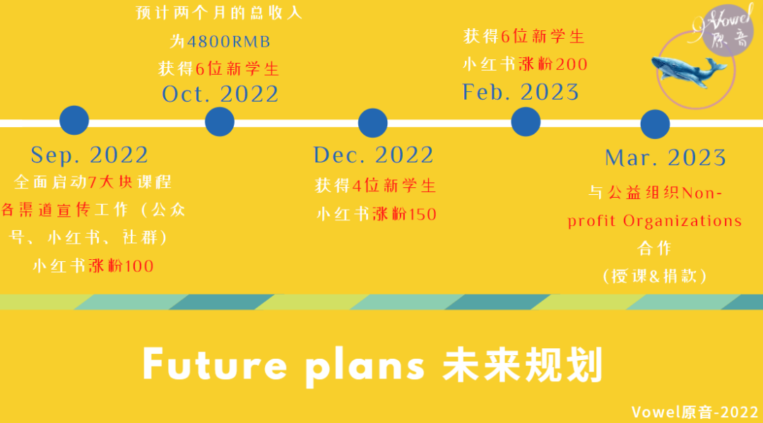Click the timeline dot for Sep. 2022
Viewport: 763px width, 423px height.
point(74,120)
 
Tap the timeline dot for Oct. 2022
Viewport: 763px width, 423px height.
point(220,121)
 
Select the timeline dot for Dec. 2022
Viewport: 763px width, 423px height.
point(373,123)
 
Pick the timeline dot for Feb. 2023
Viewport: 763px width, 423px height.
point(526,121)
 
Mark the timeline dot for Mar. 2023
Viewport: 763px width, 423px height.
point(655,124)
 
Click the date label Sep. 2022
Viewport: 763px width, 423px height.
point(90,155)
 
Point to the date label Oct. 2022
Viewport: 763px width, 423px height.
point(220,94)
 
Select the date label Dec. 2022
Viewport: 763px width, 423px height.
point(373,155)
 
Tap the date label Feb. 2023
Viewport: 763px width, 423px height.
point(521,92)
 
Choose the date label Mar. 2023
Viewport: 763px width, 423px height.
point(666,157)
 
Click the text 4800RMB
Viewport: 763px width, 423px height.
point(228,42)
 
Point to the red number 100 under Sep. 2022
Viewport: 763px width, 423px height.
point(139,266)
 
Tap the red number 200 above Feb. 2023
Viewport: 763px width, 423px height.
point(572,64)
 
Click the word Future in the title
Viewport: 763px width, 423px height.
point(215,364)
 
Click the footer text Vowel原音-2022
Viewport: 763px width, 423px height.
point(694,412)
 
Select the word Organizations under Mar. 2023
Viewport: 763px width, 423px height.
point(682,221)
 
